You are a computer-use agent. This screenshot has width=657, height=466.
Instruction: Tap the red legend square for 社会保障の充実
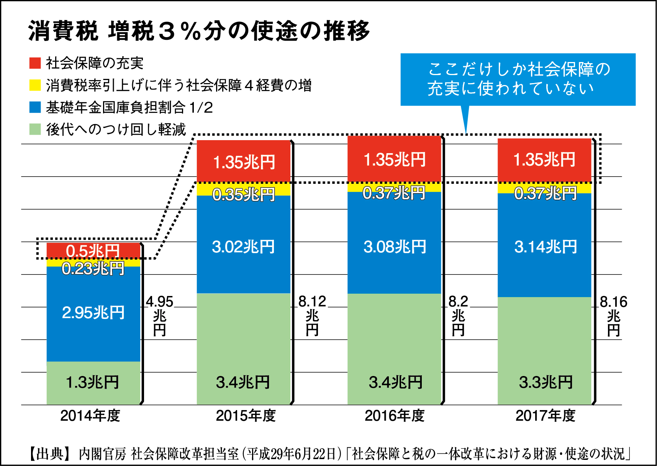click(x=35, y=63)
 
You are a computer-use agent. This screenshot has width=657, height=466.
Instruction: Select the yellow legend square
click(x=35, y=85)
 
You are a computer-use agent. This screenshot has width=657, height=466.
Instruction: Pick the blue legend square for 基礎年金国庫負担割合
click(x=35, y=107)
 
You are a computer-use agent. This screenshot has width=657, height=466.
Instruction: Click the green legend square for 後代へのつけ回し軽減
click(x=35, y=129)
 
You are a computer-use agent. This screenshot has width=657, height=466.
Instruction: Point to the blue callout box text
click(x=518, y=79)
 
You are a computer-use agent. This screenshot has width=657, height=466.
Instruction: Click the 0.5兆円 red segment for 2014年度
click(x=93, y=250)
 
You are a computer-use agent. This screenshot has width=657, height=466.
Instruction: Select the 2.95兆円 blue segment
click(x=93, y=313)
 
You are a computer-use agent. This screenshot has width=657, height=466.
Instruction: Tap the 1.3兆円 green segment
click(x=93, y=383)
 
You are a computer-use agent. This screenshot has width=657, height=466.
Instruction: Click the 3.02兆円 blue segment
click(x=243, y=247)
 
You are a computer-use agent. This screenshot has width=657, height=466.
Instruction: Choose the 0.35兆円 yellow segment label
click(x=243, y=195)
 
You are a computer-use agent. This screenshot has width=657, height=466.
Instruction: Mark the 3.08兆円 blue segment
click(x=394, y=247)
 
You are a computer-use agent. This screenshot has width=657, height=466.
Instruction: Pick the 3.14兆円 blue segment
click(x=545, y=247)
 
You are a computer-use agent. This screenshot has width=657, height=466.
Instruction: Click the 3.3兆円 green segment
click(x=545, y=383)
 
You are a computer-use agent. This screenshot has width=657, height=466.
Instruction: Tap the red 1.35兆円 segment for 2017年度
click(x=545, y=160)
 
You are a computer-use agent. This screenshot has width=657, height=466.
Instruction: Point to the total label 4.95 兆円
click(x=160, y=315)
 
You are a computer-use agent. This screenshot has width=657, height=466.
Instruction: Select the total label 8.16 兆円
click(x=613, y=315)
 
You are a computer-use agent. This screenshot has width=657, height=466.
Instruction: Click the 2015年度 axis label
click(x=246, y=416)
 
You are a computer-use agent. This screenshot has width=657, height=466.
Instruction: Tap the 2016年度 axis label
click(x=395, y=416)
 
